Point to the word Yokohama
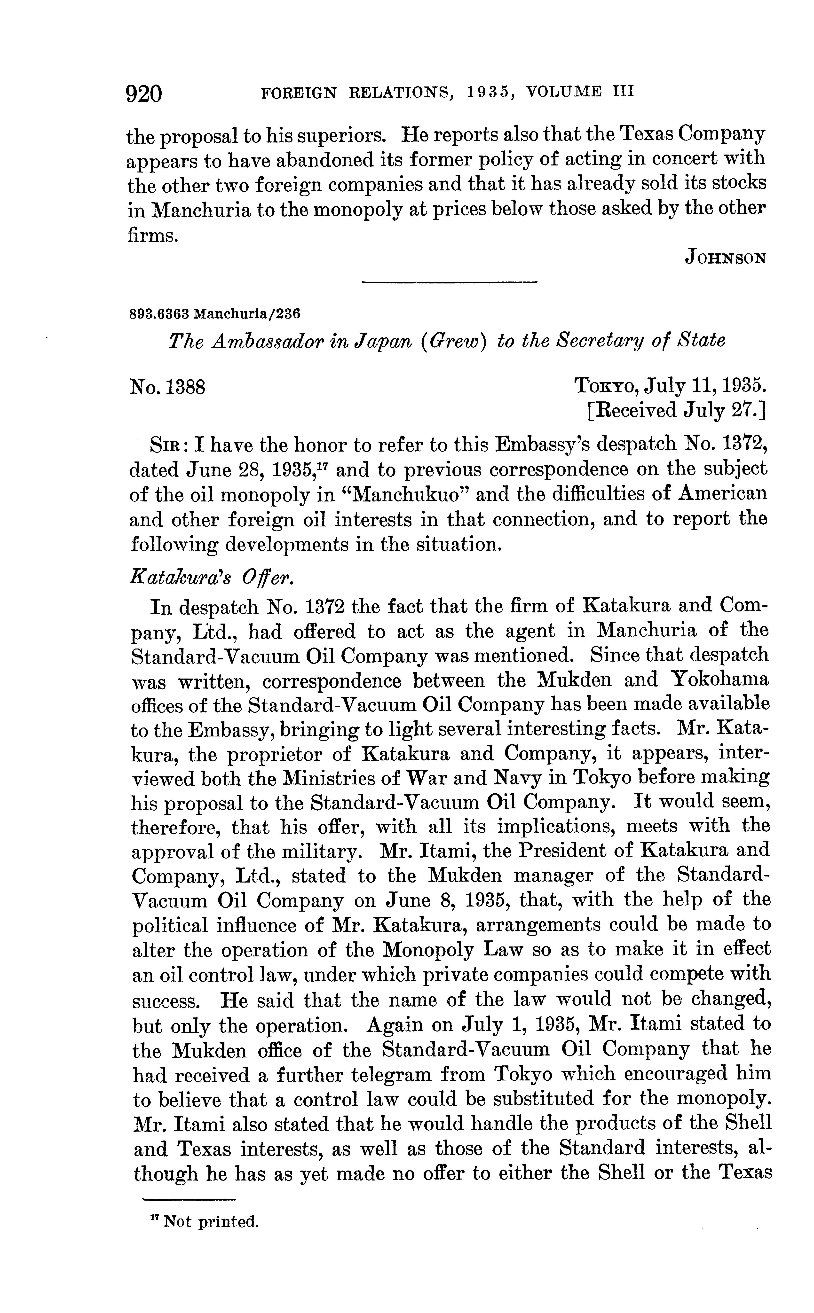point(720,680)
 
